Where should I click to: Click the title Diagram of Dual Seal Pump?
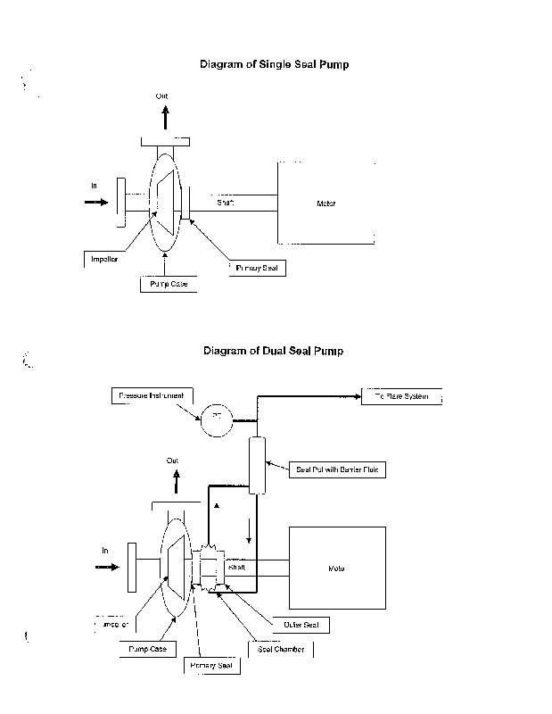(x=273, y=351)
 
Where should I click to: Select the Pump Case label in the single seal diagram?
(x=167, y=284)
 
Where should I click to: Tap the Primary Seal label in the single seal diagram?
(x=256, y=267)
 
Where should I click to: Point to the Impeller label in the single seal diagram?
(x=104, y=259)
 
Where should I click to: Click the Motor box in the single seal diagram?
(x=325, y=203)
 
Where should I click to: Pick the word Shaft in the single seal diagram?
(x=226, y=203)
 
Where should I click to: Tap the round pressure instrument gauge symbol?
(x=215, y=419)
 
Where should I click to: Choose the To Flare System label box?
(x=400, y=395)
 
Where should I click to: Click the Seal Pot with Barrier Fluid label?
(x=339, y=469)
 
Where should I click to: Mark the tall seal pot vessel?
(x=260, y=464)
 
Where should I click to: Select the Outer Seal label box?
(x=295, y=625)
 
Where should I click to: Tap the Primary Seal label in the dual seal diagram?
(x=210, y=665)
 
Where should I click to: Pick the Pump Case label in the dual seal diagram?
(x=146, y=649)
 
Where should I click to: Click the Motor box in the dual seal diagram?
(x=336, y=568)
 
